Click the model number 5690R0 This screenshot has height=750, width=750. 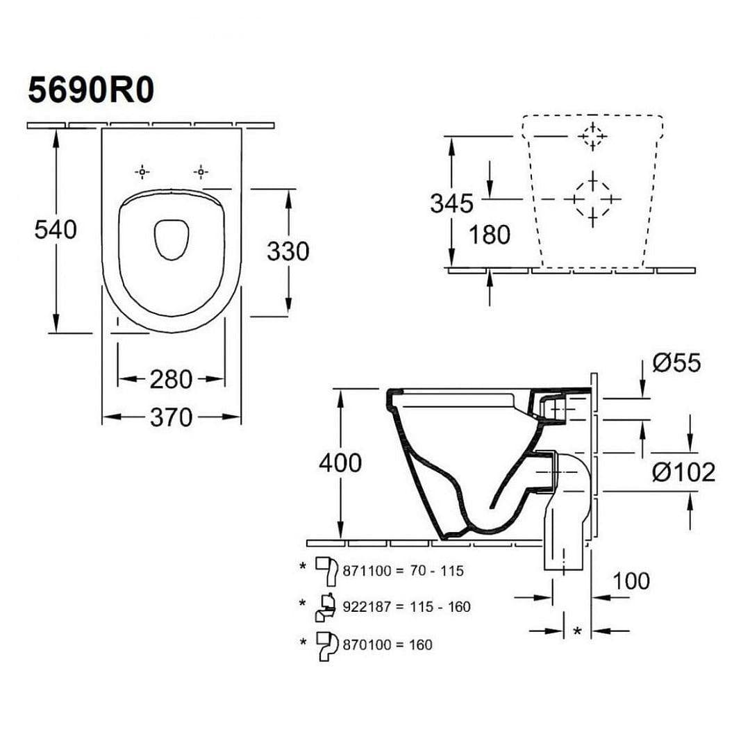pyautogui.click(x=90, y=90)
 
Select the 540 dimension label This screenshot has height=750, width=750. pyautogui.click(x=56, y=229)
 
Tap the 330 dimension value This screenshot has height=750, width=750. pyautogui.click(x=287, y=251)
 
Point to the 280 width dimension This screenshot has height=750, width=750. pyautogui.click(x=170, y=379)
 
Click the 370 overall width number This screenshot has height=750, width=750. pyautogui.click(x=171, y=417)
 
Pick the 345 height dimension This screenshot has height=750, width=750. pyautogui.click(x=451, y=203)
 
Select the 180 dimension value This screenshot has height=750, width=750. pyautogui.click(x=489, y=235)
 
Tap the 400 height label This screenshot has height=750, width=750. pyautogui.click(x=340, y=462)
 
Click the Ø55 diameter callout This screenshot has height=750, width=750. pyautogui.click(x=677, y=362)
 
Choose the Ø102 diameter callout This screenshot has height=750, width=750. pyautogui.click(x=685, y=473)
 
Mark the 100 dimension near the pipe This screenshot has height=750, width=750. pyautogui.click(x=631, y=581)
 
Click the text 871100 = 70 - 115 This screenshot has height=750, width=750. pyautogui.click(x=403, y=571)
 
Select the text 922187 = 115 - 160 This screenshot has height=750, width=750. pyautogui.click(x=406, y=607)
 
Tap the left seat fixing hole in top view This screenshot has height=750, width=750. pyautogui.click(x=142, y=171)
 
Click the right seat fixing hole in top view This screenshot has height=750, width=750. pyautogui.click(x=201, y=171)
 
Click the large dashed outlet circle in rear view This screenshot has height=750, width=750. pyautogui.click(x=592, y=199)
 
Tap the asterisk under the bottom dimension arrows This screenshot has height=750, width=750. pyautogui.click(x=578, y=631)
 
